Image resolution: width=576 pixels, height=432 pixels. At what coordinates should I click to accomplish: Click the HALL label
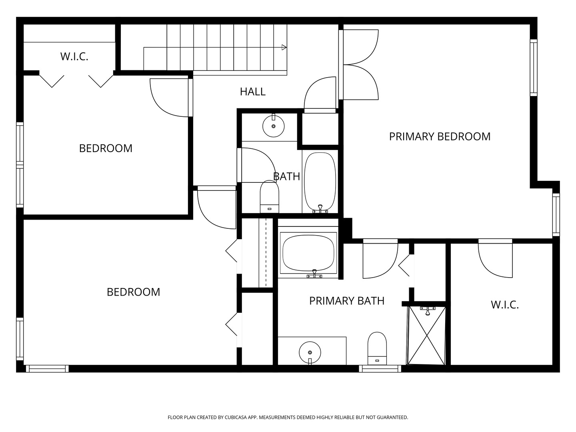pos(252,92)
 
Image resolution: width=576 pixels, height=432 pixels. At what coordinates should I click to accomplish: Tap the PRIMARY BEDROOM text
pos(440,137)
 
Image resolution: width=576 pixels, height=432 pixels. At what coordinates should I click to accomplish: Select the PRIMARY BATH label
pos(347,301)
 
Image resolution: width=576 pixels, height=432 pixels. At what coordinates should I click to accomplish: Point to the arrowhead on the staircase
pos(284,48)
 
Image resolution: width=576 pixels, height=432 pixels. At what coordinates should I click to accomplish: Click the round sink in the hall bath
pos(274,126)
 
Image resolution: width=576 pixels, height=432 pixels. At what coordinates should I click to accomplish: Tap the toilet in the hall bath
pos(269,196)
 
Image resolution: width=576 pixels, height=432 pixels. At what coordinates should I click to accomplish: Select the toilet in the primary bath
pos(377,348)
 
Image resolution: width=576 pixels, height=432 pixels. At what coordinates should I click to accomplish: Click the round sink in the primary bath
pos(310,352)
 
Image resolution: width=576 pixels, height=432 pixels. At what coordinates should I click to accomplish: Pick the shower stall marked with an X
pos(427,336)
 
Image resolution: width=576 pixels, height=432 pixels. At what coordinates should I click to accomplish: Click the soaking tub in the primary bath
pos(308,252)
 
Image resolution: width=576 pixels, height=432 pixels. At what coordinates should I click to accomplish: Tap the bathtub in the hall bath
pos(320,182)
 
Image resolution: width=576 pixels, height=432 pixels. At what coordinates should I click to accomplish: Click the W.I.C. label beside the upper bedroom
pos(74,57)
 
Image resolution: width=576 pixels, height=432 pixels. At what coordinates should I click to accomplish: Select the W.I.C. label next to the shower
pos(505,305)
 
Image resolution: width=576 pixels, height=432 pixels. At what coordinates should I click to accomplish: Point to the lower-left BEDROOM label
pos(133,292)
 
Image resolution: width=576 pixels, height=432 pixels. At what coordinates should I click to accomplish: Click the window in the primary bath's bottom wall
pos(380,368)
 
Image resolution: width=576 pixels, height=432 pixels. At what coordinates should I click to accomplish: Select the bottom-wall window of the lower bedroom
pos(47,368)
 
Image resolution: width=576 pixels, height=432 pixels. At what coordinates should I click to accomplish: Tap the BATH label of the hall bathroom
pos(286,176)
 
